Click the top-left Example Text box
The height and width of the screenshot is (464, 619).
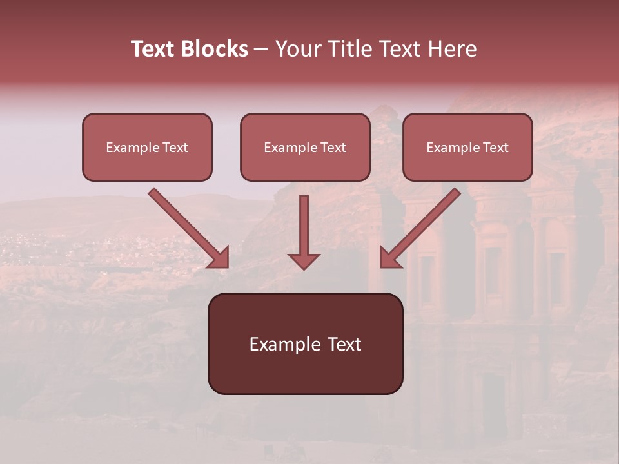point(147,147)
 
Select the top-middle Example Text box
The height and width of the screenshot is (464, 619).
point(305,147)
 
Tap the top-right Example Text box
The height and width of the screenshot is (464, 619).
point(467,147)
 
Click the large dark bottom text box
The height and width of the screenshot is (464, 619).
point(305,343)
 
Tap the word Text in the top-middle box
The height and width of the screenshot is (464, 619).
point(333,148)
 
